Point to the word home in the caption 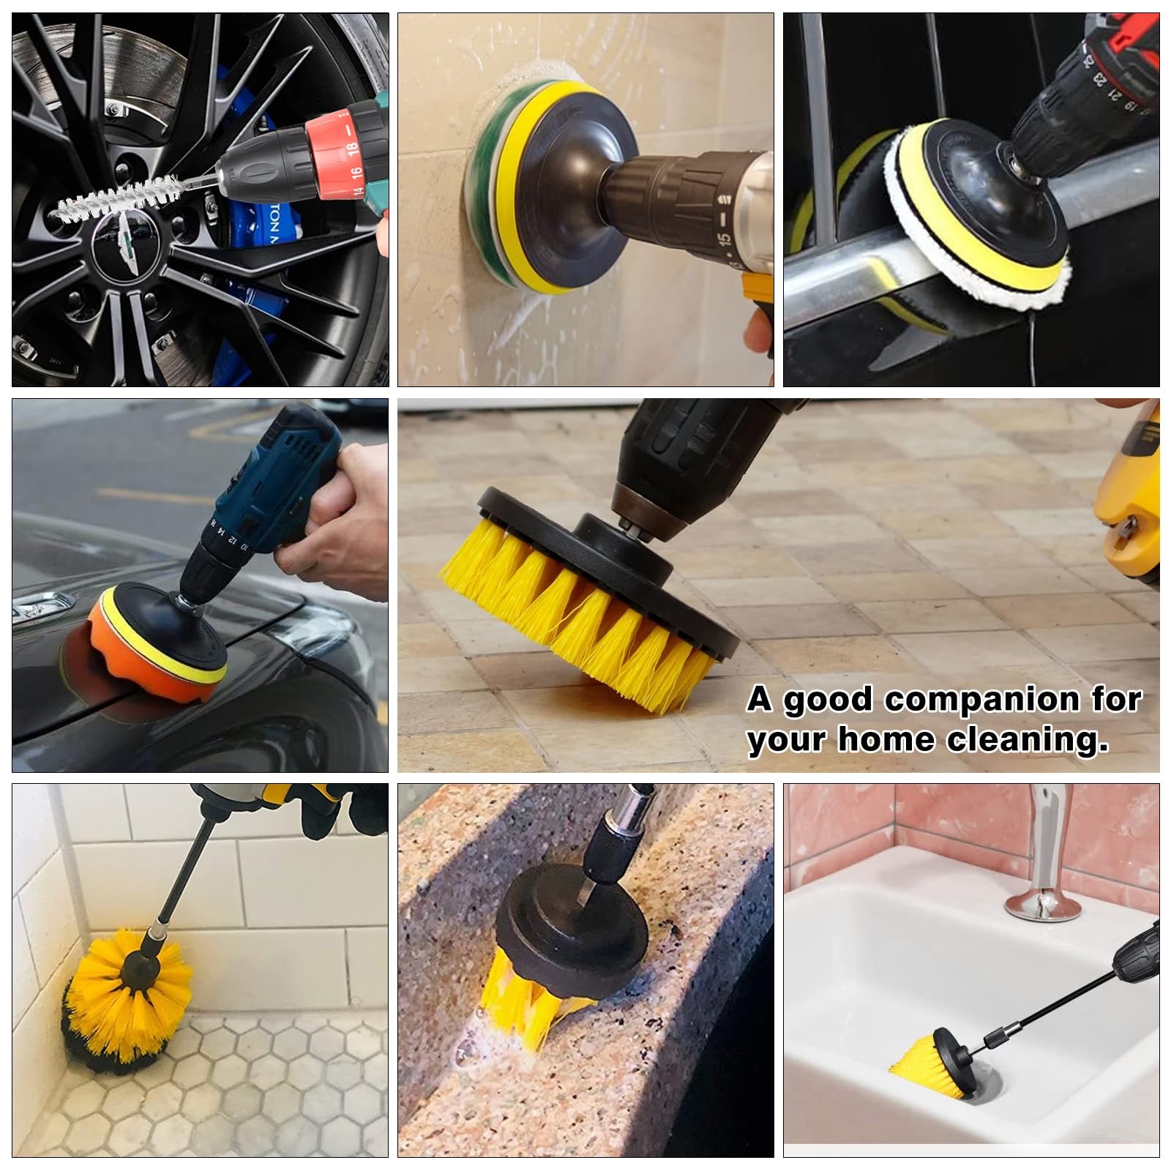tap(888, 739)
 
